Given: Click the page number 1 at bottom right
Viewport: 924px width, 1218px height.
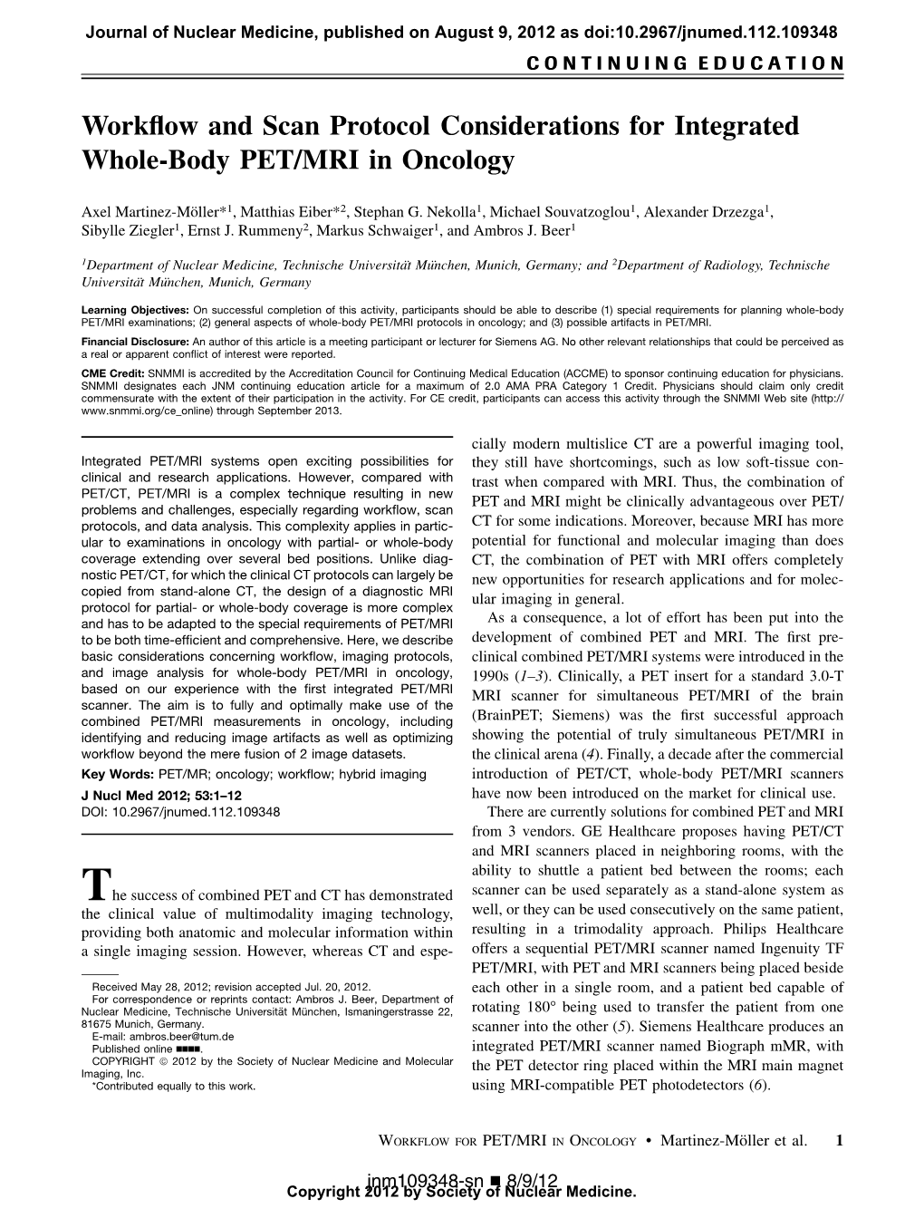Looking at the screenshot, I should tap(839, 1141).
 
